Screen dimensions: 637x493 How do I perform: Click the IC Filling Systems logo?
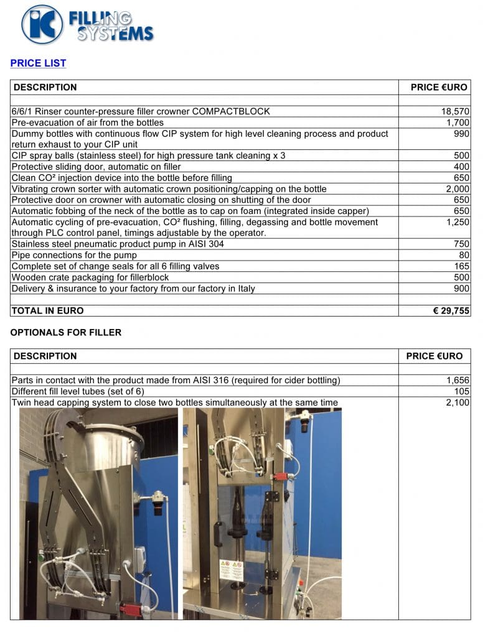tap(87, 24)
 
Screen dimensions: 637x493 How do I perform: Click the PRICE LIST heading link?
tap(38, 63)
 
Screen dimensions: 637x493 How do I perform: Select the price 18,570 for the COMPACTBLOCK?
tap(455, 111)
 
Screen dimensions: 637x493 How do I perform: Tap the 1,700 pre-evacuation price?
tap(458, 123)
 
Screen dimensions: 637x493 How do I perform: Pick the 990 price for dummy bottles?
tap(461, 134)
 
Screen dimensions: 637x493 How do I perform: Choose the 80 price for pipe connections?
tap(464, 255)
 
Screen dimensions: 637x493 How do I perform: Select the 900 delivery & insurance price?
tap(461, 289)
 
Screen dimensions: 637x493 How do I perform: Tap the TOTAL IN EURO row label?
tap(48, 310)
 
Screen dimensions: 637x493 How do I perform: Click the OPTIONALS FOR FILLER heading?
tap(66, 332)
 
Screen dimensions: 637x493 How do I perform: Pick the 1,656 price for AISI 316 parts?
tap(458, 380)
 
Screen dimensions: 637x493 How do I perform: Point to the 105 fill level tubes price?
tap(461, 391)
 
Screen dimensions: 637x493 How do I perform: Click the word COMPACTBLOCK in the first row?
tap(231, 111)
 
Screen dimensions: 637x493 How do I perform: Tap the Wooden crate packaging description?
tap(90, 277)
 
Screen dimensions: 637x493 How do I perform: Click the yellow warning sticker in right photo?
tap(231, 569)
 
